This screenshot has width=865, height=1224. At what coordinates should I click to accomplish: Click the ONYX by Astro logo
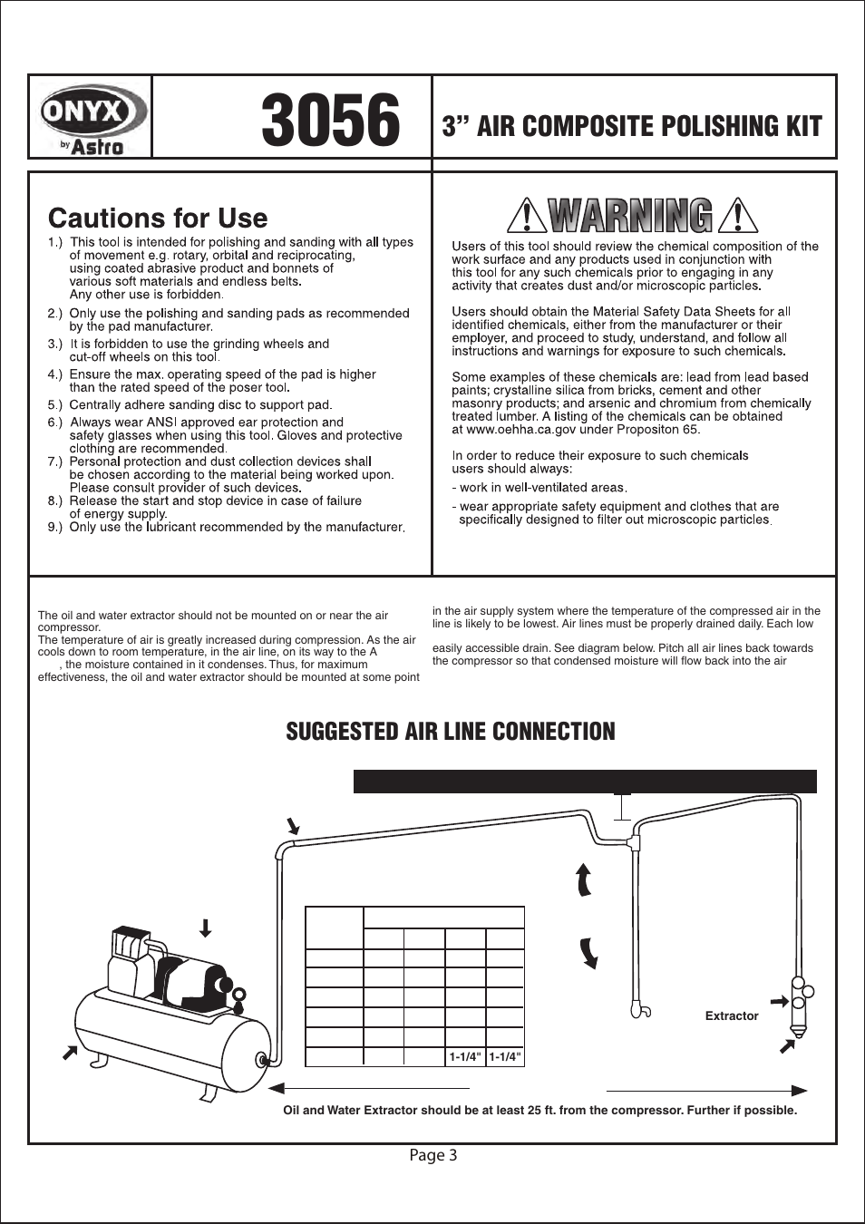(x=92, y=119)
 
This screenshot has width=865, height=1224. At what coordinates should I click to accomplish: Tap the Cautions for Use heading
(x=158, y=219)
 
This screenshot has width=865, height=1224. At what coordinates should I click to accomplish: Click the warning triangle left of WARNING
(x=525, y=217)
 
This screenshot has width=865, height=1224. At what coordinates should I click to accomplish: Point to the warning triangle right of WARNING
(x=737, y=217)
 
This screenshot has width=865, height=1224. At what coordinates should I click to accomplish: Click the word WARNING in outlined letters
(x=631, y=217)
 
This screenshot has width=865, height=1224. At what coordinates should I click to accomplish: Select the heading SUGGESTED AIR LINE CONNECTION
(x=451, y=732)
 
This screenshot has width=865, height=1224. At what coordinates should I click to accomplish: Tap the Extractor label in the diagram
(x=731, y=1016)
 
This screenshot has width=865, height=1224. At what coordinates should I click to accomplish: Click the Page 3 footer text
(x=432, y=1155)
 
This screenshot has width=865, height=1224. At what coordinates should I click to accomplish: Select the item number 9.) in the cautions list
(x=55, y=527)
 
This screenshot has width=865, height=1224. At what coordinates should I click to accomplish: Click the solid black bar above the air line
(x=585, y=782)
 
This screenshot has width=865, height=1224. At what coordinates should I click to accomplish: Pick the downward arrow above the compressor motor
(x=206, y=928)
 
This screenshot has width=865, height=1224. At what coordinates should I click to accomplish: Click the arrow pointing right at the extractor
(x=778, y=1002)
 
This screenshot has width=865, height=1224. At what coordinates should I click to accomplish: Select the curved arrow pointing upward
(x=584, y=880)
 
